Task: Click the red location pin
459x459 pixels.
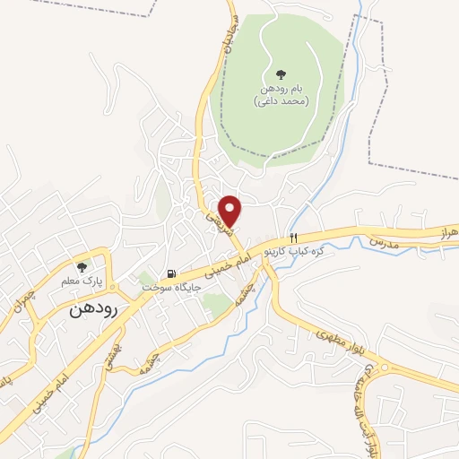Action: pyautogui.click(x=231, y=211)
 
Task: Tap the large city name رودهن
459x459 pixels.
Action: pyautogui.click(x=92, y=310)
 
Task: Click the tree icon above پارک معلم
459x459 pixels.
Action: pyautogui.click(x=83, y=266)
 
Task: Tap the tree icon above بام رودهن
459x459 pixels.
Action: pyautogui.click(x=281, y=74)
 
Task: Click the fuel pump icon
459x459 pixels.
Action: pyautogui.click(x=169, y=273)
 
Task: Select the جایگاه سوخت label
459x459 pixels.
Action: pyautogui.click(x=167, y=287)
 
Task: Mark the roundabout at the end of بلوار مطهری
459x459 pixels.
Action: pyautogui.click(x=385, y=367)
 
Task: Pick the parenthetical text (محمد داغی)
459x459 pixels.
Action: pyautogui.click(x=281, y=102)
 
